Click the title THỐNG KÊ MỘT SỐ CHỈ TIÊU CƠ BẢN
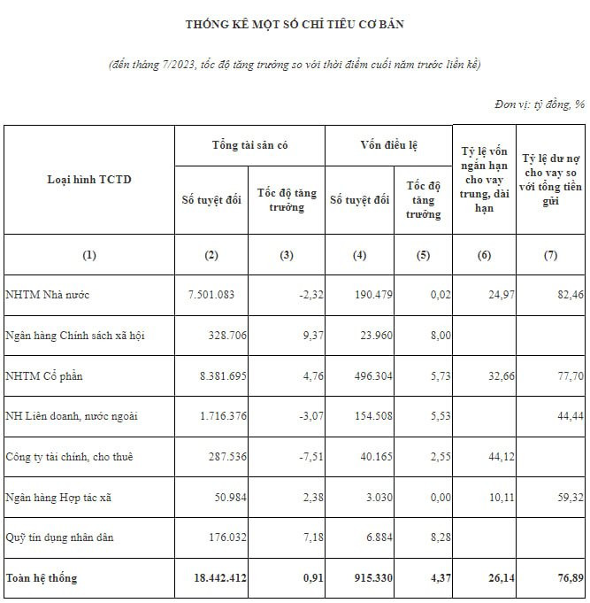pyautogui.click(x=295, y=24)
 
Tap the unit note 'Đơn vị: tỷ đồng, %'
pyautogui.click(x=540, y=104)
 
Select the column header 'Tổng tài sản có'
pyautogui.click(x=249, y=144)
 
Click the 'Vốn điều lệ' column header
pyautogui.click(x=388, y=144)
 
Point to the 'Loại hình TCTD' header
pyautogui.click(x=88, y=180)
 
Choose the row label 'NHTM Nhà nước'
pyautogui.click(x=47, y=294)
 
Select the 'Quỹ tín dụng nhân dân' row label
pyautogui.click(x=59, y=537)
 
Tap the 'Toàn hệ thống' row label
pyautogui.click(x=42, y=578)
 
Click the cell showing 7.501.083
pyautogui.click(x=211, y=294)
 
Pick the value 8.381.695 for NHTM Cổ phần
pyautogui.click(x=211, y=375)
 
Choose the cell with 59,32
pyautogui.click(x=566, y=497)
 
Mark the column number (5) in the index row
pyautogui.click(x=423, y=255)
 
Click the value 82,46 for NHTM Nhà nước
pyautogui.click(x=566, y=294)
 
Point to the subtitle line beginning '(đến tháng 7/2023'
pyautogui.click(x=295, y=65)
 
